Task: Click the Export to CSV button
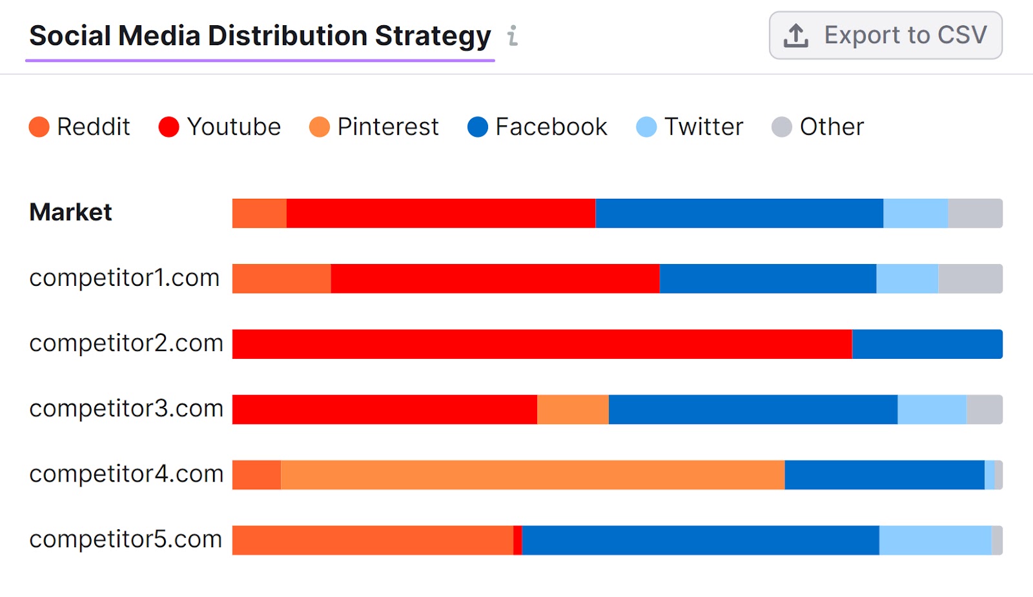pyautogui.click(x=885, y=35)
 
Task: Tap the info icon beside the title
pyautogui.click(x=513, y=35)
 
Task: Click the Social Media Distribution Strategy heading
pyautogui.click(x=260, y=35)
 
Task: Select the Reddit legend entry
pyautogui.click(x=80, y=126)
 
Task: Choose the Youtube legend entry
pyautogui.click(x=220, y=126)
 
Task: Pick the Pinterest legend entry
pyautogui.click(x=374, y=126)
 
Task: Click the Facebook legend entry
pyautogui.click(x=538, y=126)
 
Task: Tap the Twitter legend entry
pyautogui.click(x=690, y=126)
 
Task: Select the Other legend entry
pyautogui.click(x=818, y=126)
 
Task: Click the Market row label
pyautogui.click(x=71, y=212)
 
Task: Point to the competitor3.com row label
pyautogui.click(x=127, y=409)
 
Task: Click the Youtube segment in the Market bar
pyautogui.click(x=440, y=213)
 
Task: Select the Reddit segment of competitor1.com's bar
pyautogui.click(x=281, y=278)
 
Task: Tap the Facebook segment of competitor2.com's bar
pyautogui.click(x=927, y=344)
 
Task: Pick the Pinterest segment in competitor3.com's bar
pyautogui.click(x=573, y=409)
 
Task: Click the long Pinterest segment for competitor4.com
pyautogui.click(x=533, y=474)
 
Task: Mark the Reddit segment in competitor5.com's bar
pyautogui.click(x=373, y=540)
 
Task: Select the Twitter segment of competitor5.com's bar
pyautogui.click(x=935, y=540)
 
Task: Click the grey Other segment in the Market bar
pyautogui.click(x=975, y=213)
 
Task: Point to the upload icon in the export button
pyautogui.click(x=795, y=35)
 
